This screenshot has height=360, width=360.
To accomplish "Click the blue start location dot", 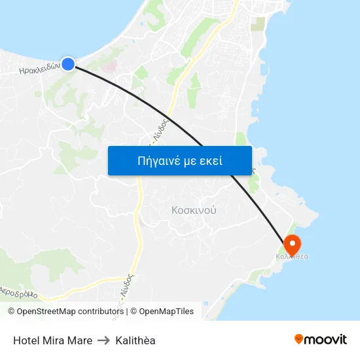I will pyautogui.click(x=68, y=63).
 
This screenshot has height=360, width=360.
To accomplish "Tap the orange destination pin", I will pyautogui.click(x=291, y=245).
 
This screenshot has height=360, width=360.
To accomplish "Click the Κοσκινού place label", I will pyautogui.click(x=194, y=211).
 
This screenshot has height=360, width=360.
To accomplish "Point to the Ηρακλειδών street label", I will pyautogui.click(x=39, y=67).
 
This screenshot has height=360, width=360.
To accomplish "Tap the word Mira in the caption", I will pyautogui.click(x=54, y=340).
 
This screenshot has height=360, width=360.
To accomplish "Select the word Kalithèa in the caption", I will pyautogui.click(x=135, y=340).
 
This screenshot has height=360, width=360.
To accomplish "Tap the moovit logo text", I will pyautogui.click(x=325, y=339).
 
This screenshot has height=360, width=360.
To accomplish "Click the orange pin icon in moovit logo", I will pyautogui.click(x=299, y=339).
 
